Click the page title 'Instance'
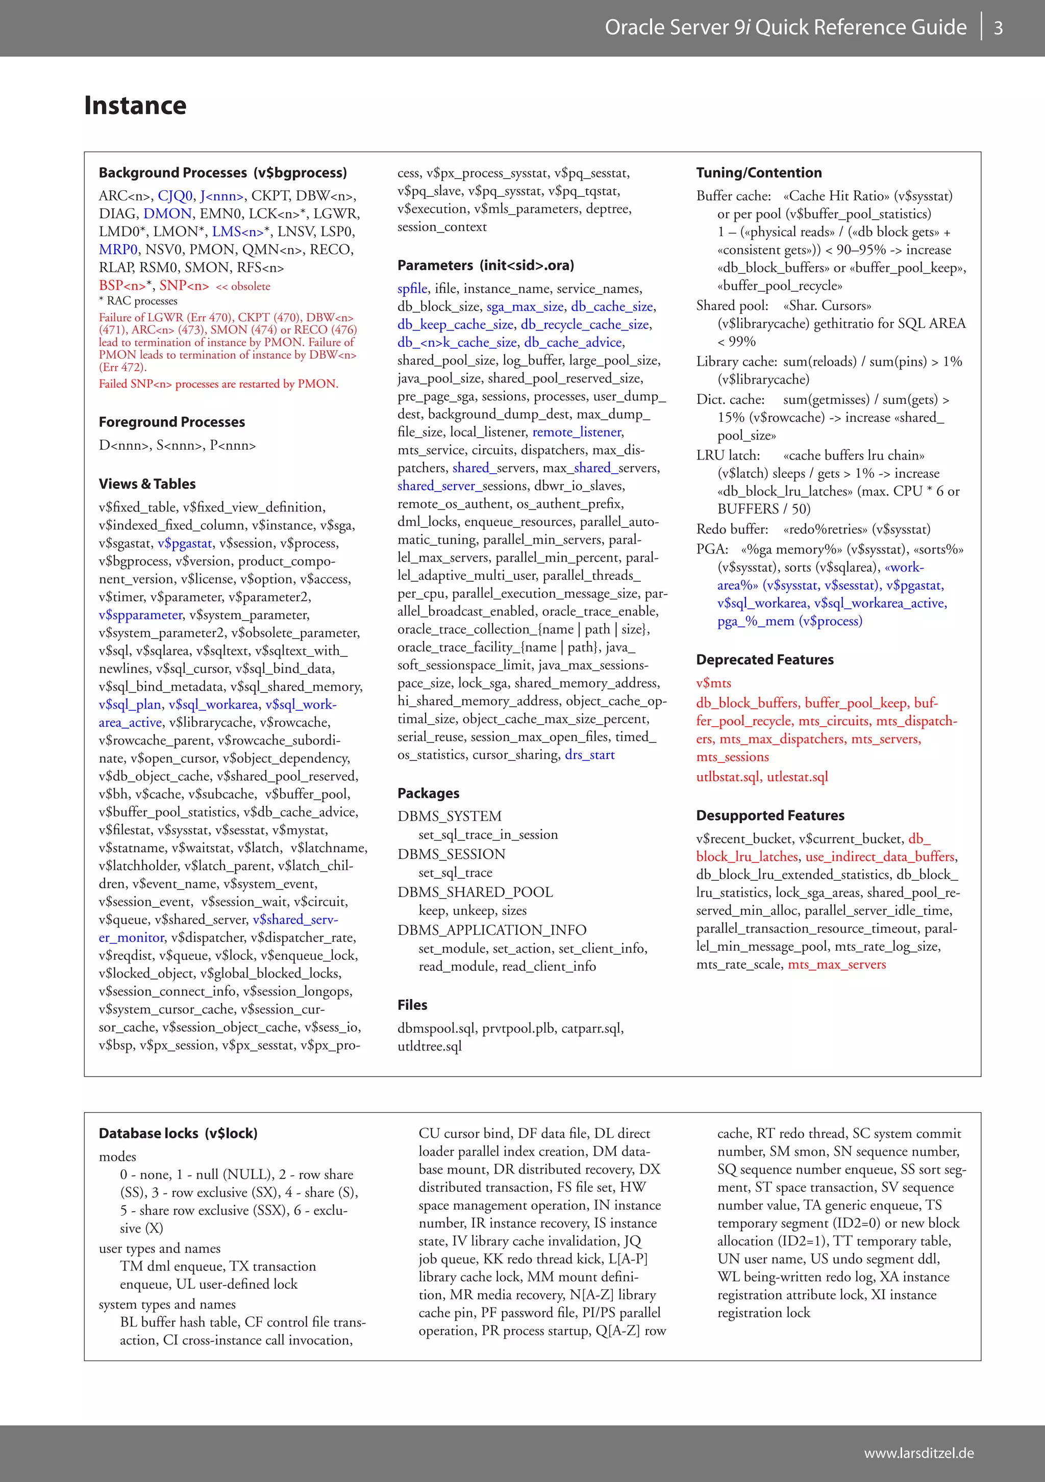coord(135,105)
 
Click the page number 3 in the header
coord(998,28)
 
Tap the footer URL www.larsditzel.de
coord(918,1453)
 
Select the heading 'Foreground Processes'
coord(172,422)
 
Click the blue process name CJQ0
coord(175,196)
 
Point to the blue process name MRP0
coord(118,250)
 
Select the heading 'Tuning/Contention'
coord(759,173)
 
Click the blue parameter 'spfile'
coord(412,289)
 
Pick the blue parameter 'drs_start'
coord(590,755)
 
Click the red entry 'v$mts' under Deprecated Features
coord(714,683)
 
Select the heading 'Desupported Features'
coord(770,815)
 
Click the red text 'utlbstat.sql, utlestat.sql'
coord(761,777)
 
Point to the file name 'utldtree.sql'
coord(430,1046)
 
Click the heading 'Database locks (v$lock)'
coord(178,1134)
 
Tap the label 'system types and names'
coord(167,1305)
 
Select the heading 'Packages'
coord(428,794)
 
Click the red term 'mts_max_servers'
coord(836,964)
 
